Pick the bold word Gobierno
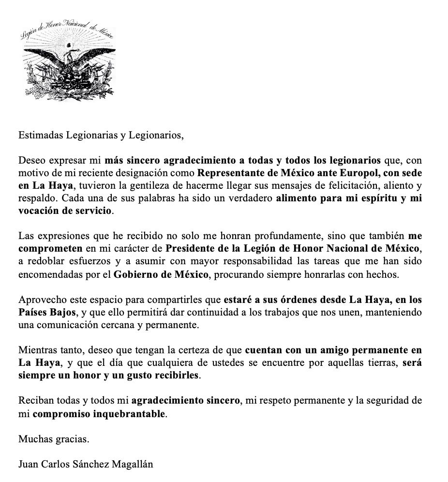[x=134, y=274]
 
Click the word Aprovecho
[x=38, y=300]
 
